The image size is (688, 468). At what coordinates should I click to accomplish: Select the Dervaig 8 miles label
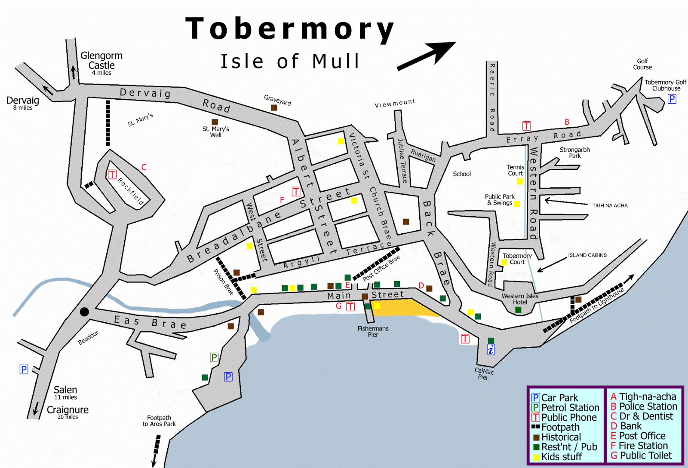pyautogui.click(x=23, y=103)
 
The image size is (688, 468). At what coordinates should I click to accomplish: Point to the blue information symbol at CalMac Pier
pyautogui.click(x=491, y=349)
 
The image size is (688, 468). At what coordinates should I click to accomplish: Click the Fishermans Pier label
pyautogui.click(x=373, y=331)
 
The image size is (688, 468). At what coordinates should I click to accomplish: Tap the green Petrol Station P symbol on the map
pyautogui.click(x=214, y=357)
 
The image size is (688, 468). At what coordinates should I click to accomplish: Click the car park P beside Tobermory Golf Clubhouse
pyautogui.click(x=672, y=99)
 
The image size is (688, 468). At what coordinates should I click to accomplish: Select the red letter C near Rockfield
pyautogui.click(x=144, y=167)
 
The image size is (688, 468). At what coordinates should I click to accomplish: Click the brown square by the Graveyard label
pyautogui.click(x=274, y=107)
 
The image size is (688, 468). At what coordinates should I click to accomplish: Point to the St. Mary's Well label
pyautogui.click(x=215, y=132)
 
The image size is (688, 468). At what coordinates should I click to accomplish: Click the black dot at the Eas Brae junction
pyautogui.click(x=84, y=312)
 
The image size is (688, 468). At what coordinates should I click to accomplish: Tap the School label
pyautogui.click(x=462, y=174)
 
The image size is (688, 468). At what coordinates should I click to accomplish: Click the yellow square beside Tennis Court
pyautogui.click(x=520, y=181)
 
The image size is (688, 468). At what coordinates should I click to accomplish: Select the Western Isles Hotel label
pyautogui.click(x=520, y=299)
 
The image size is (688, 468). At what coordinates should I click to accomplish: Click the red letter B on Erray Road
pyautogui.click(x=567, y=122)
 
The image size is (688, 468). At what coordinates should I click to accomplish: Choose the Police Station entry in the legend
pyautogui.click(x=644, y=406)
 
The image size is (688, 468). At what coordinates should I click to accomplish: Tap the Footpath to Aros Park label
pyautogui.click(x=159, y=421)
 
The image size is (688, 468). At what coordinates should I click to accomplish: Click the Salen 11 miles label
pyautogui.click(x=65, y=392)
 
